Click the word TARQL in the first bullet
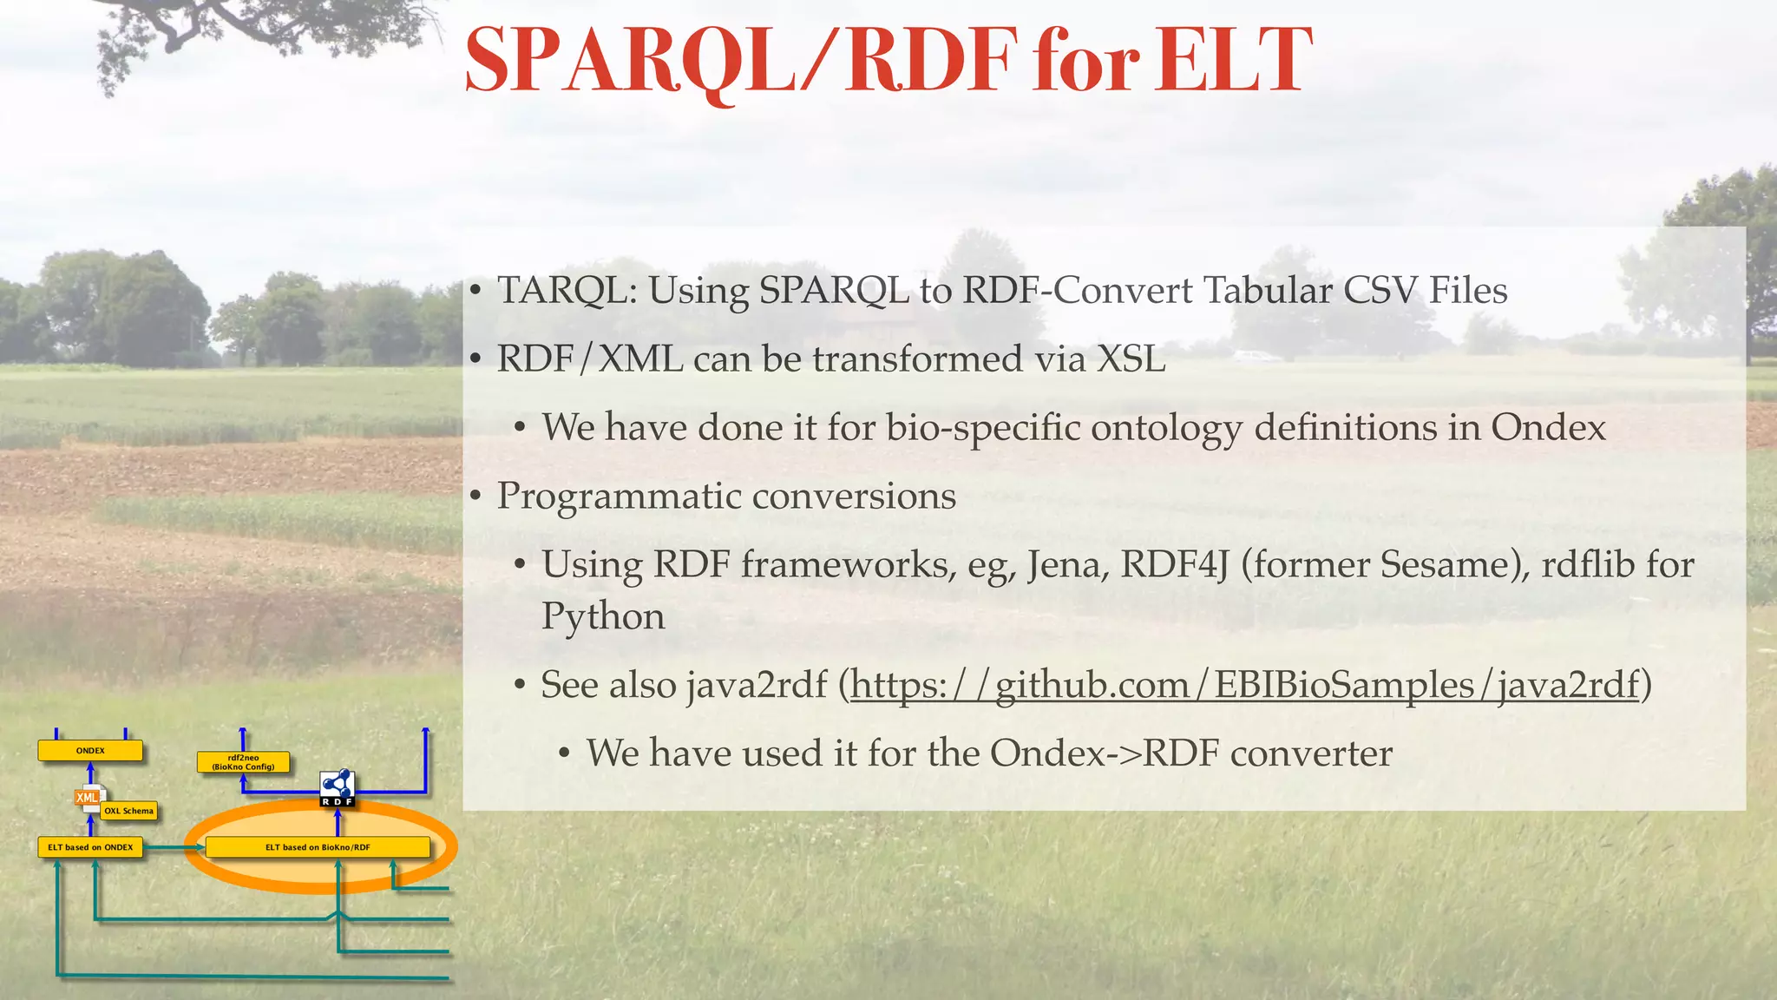[x=562, y=291]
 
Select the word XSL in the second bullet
[x=1131, y=359]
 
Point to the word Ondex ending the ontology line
[x=1548, y=428]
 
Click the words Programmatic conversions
[x=726, y=497]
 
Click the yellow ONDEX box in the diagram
[x=90, y=751]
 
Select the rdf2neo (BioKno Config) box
[x=243, y=762]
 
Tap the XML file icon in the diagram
[x=88, y=799]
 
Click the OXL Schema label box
[x=129, y=811]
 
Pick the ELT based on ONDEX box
[x=90, y=847]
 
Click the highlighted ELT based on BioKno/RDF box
[x=318, y=847]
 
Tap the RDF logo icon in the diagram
[x=338, y=787]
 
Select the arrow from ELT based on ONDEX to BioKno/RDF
[x=174, y=847]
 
